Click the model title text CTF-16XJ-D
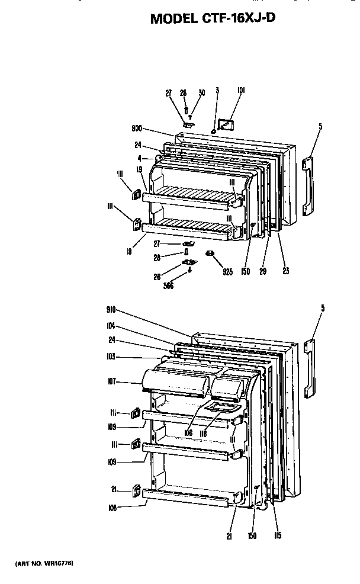coord(213,18)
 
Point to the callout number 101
coord(241,91)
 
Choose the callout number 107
coord(113,382)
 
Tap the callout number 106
coord(188,433)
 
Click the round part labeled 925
coord(209,254)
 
